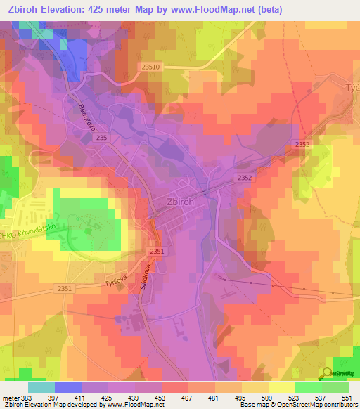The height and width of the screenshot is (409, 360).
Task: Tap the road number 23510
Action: (151, 67)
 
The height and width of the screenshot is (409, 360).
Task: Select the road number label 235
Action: (101, 139)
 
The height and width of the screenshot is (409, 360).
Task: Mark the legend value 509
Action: (268, 398)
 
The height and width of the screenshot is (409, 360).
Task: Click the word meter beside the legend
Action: (10, 398)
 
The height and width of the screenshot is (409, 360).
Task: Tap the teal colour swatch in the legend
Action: (41, 387)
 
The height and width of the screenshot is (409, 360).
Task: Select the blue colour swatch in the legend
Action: (68, 387)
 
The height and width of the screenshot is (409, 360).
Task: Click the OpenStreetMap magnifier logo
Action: (327, 374)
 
